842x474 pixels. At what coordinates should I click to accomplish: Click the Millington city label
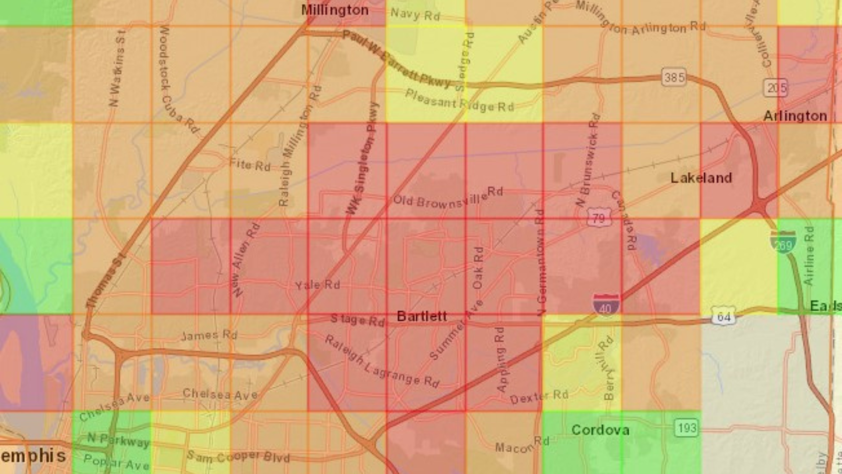(335, 10)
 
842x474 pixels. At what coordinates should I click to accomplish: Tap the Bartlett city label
(421, 316)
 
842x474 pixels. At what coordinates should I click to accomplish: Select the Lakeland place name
(701, 178)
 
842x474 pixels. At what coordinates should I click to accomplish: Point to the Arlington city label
(795, 116)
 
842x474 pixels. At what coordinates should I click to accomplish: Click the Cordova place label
(600, 430)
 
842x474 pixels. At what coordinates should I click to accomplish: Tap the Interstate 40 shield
(606, 304)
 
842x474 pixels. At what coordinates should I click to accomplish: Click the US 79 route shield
(599, 218)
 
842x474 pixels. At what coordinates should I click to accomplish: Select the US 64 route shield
(723, 316)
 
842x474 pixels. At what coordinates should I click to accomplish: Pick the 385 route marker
(674, 78)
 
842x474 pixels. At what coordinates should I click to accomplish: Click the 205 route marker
(776, 88)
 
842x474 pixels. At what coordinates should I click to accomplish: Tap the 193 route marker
(686, 427)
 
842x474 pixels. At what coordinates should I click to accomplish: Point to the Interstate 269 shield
(783, 243)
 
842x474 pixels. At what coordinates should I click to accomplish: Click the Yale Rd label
(318, 285)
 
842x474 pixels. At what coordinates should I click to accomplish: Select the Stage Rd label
(357, 320)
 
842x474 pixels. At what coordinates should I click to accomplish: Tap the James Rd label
(209, 335)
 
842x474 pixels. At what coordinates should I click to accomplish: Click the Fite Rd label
(250, 165)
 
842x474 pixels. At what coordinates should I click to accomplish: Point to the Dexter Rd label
(539, 397)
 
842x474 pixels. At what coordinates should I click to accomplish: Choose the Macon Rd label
(522, 445)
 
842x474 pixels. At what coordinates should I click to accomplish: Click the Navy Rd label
(415, 14)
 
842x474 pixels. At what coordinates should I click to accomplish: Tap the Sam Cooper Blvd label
(239, 456)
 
